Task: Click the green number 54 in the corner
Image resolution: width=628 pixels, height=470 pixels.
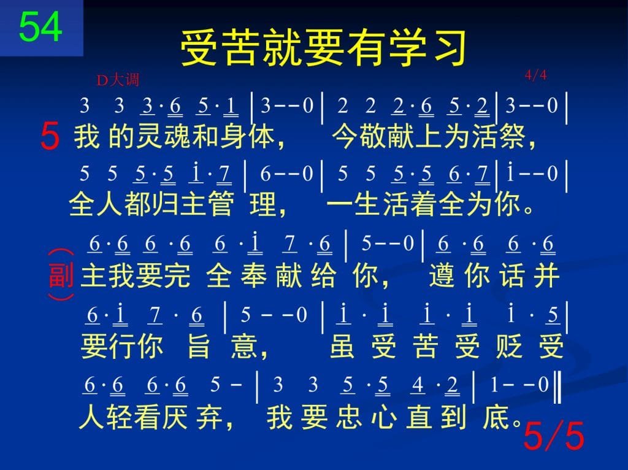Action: coord(40,26)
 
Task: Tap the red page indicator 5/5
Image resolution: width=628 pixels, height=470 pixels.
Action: coord(554,436)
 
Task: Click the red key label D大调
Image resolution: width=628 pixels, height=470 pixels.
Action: coord(118,80)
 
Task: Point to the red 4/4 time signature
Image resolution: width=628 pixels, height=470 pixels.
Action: coord(536,75)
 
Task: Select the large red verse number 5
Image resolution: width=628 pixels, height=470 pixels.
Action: coord(50,137)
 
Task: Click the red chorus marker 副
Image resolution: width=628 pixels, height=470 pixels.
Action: coord(61,275)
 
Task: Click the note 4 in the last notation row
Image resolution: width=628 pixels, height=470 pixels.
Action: coord(417,385)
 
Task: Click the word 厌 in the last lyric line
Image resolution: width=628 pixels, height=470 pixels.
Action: coord(175,417)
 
